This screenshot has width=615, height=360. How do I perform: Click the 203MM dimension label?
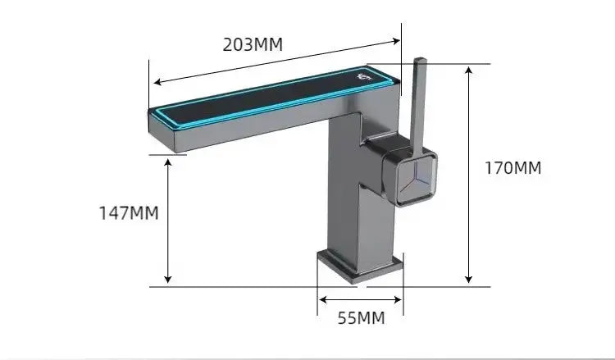click(x=253, y=44)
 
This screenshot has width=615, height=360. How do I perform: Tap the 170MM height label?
click(x=513, y=168)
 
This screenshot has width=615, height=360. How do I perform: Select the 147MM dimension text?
click(x=129, y=213)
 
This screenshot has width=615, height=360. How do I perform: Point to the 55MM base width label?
click(x=359, y=317)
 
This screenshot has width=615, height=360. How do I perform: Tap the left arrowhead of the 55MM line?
click(x=322, y=299)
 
